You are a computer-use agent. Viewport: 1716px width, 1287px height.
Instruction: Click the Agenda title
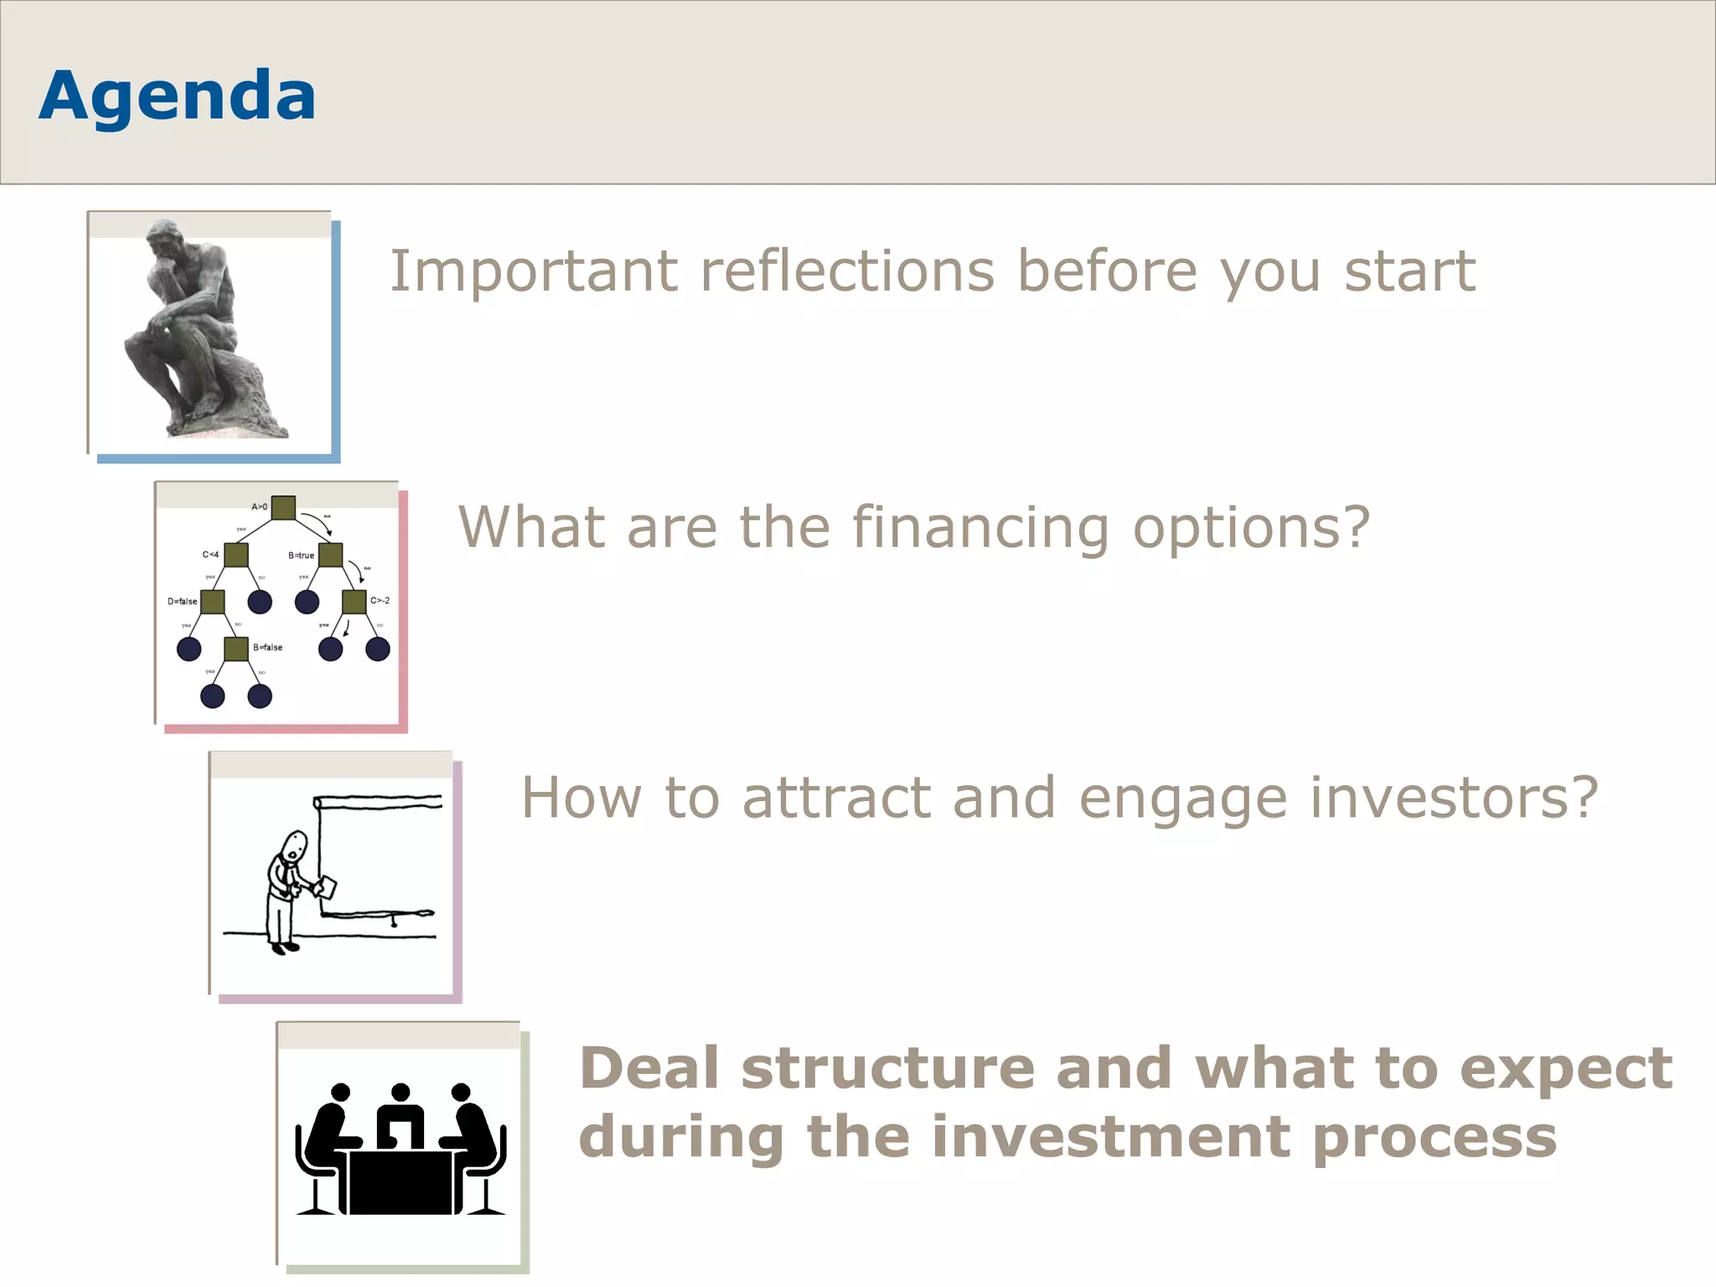coord(177,96)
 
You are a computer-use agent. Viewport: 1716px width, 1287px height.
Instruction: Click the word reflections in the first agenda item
coord(846,272)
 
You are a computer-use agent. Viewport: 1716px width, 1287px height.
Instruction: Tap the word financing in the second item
coord(981,528)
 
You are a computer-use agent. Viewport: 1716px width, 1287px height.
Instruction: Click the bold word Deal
coord(649,1068)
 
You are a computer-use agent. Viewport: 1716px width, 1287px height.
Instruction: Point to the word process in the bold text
coord(1434,1138)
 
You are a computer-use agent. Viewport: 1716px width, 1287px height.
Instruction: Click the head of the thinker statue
coord(166,239)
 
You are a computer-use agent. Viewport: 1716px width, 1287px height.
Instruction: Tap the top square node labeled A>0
coord(283,507)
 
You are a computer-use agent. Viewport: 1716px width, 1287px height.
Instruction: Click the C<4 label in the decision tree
coord(210,555)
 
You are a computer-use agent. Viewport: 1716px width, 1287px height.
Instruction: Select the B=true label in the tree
coord(301,556)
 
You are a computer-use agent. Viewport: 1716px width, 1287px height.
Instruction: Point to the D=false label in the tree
coord(182,602)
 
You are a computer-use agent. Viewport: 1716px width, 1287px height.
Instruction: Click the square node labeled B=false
coord(236,649)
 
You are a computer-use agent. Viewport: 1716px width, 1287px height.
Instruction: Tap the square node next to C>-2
coord(354,602)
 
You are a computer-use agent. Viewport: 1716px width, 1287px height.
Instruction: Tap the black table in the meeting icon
coord(401,1181)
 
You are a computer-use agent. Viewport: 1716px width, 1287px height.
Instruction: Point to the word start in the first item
coord(1409,272)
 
